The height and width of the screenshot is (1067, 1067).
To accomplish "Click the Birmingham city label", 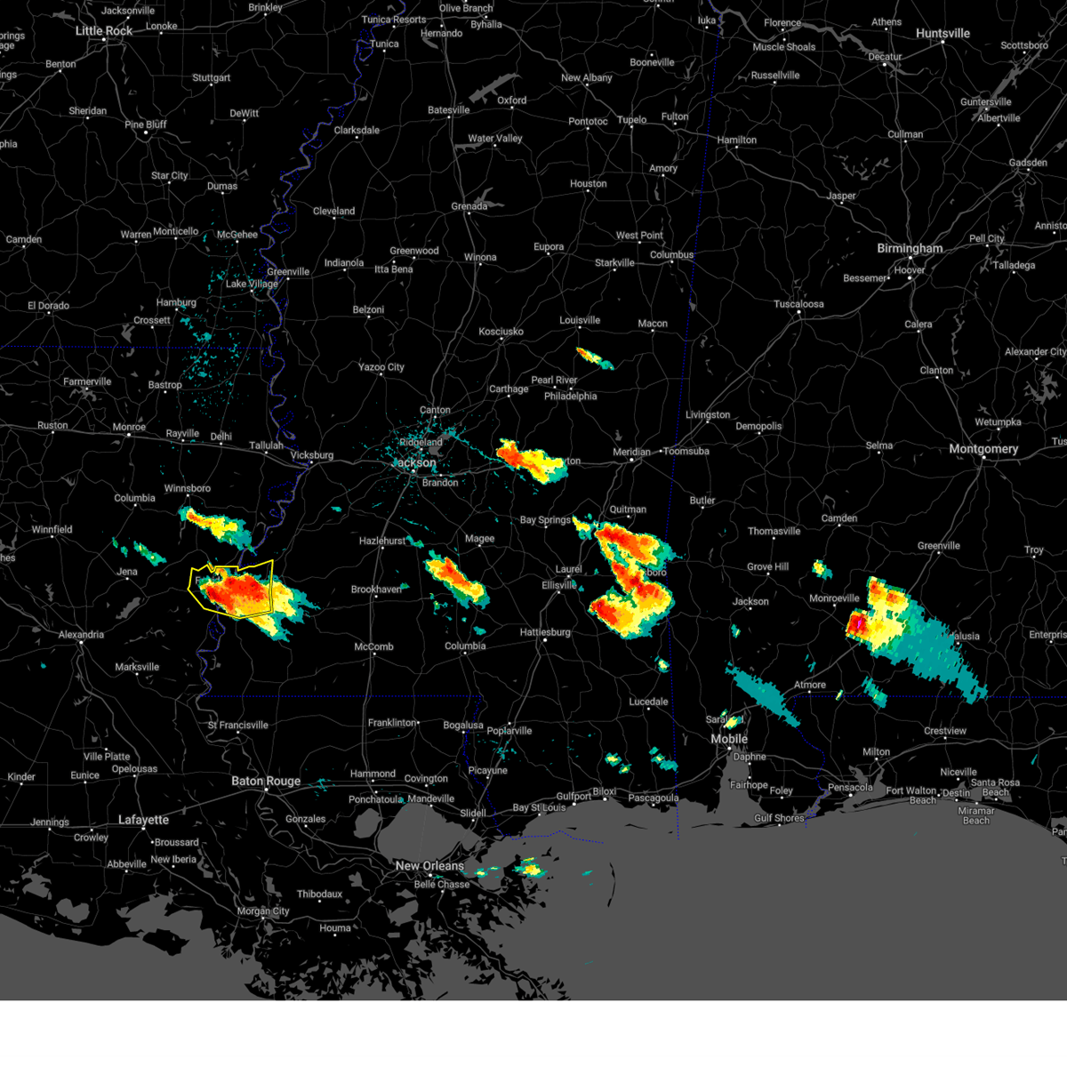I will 910,249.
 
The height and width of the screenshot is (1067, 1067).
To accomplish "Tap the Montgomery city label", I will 983,449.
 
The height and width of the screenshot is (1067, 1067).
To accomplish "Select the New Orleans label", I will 429,866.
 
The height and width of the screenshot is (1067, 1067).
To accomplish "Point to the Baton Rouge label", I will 266,782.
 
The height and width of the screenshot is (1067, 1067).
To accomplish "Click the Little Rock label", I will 104,31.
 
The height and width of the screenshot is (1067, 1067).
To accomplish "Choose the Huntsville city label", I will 943,34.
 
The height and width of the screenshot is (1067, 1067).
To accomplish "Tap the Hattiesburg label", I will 545,632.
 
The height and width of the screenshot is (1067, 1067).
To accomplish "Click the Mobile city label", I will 729,740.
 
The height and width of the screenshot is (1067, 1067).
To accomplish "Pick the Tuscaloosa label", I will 798,304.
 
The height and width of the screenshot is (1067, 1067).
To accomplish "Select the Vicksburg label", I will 312,455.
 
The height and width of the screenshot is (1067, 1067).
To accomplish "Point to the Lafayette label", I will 143,820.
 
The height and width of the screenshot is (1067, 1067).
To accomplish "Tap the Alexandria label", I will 81,635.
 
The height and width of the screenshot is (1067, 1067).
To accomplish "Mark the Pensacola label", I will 851,787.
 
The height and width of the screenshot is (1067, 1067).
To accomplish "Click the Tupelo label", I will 632,120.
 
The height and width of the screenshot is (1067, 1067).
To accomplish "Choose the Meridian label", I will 631,453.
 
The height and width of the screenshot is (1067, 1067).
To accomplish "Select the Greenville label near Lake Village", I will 288,272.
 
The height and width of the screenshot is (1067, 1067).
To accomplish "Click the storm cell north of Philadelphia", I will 594,358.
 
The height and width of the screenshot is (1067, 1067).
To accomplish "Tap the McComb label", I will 373,647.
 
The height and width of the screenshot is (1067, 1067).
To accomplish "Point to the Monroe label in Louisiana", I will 129,428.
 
